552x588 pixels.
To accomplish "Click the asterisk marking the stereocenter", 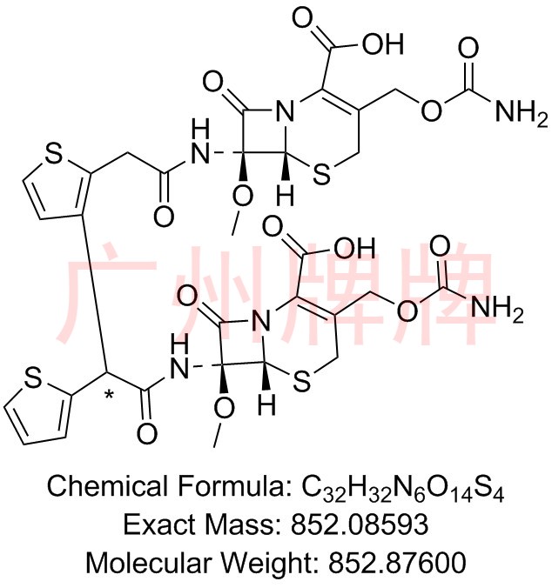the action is (109, 394).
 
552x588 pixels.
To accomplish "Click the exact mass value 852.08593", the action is (360, 525).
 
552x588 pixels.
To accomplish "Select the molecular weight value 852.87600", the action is (397, 563).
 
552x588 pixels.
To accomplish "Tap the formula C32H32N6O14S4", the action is (403, 487).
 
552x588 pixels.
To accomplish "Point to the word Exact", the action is (159, 525).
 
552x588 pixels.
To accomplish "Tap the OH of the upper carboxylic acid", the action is (383, 43).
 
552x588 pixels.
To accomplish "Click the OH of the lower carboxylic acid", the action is (354, 248).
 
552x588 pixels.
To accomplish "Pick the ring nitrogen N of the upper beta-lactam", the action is (285, 111).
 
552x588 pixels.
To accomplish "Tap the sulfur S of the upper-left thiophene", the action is (53, 155).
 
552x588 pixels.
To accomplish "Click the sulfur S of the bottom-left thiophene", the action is (33, 378).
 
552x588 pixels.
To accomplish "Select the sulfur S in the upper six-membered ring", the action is (321, 174).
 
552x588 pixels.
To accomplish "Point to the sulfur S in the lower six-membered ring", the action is (302, 382).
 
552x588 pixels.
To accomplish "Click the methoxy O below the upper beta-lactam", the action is (242, 197).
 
